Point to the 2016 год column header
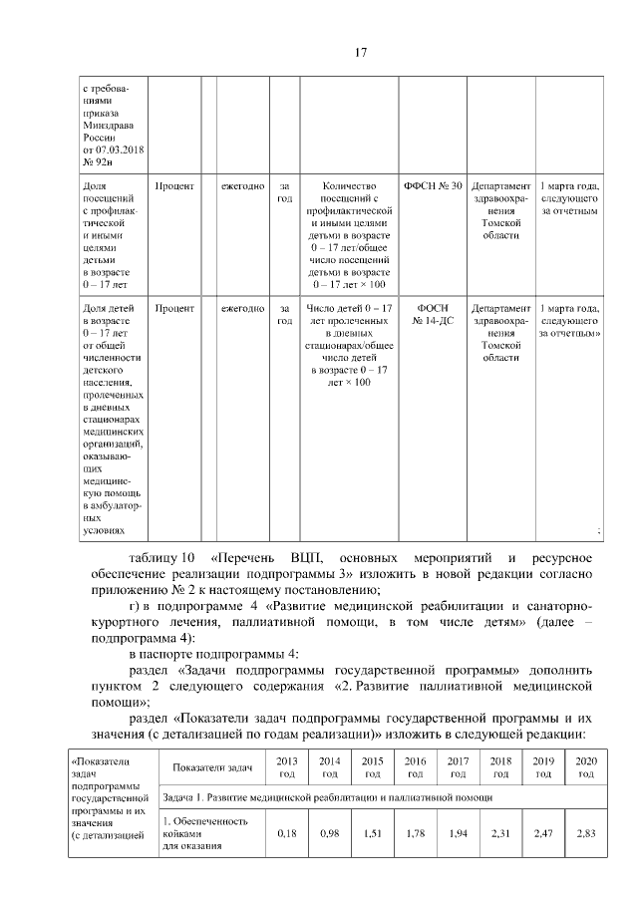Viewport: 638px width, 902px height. tap(416, 766)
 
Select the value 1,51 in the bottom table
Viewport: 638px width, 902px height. tap(373, 831)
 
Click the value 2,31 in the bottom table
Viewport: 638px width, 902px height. tap(500, 831)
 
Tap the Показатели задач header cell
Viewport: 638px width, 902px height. tap(211, 766)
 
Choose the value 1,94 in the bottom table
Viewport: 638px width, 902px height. tap(459, 831)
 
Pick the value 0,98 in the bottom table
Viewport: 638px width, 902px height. tap(330, 831)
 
